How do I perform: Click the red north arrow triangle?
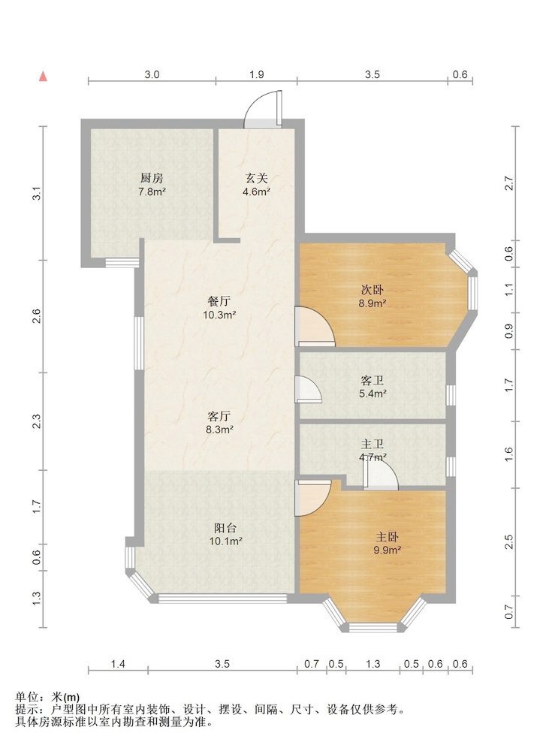coord(43,76)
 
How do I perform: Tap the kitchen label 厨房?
coord(152,179)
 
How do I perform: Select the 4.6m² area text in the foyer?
coord(256,192)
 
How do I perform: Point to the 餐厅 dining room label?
coord(219,302)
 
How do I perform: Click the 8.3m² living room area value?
coord(219,430)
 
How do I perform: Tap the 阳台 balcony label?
coord(225,528)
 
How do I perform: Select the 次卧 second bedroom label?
coord(373,290)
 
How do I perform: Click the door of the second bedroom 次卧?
coord(315,327)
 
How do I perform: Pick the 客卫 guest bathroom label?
coord(373,381)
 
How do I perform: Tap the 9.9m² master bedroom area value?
coord(387,550)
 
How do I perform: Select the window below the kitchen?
coord(122,262)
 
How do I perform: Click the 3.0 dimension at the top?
coord(152,74)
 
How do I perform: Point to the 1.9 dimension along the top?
coord(256,74)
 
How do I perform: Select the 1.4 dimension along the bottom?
coord(118,664)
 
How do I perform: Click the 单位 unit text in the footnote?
coord(26,698)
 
